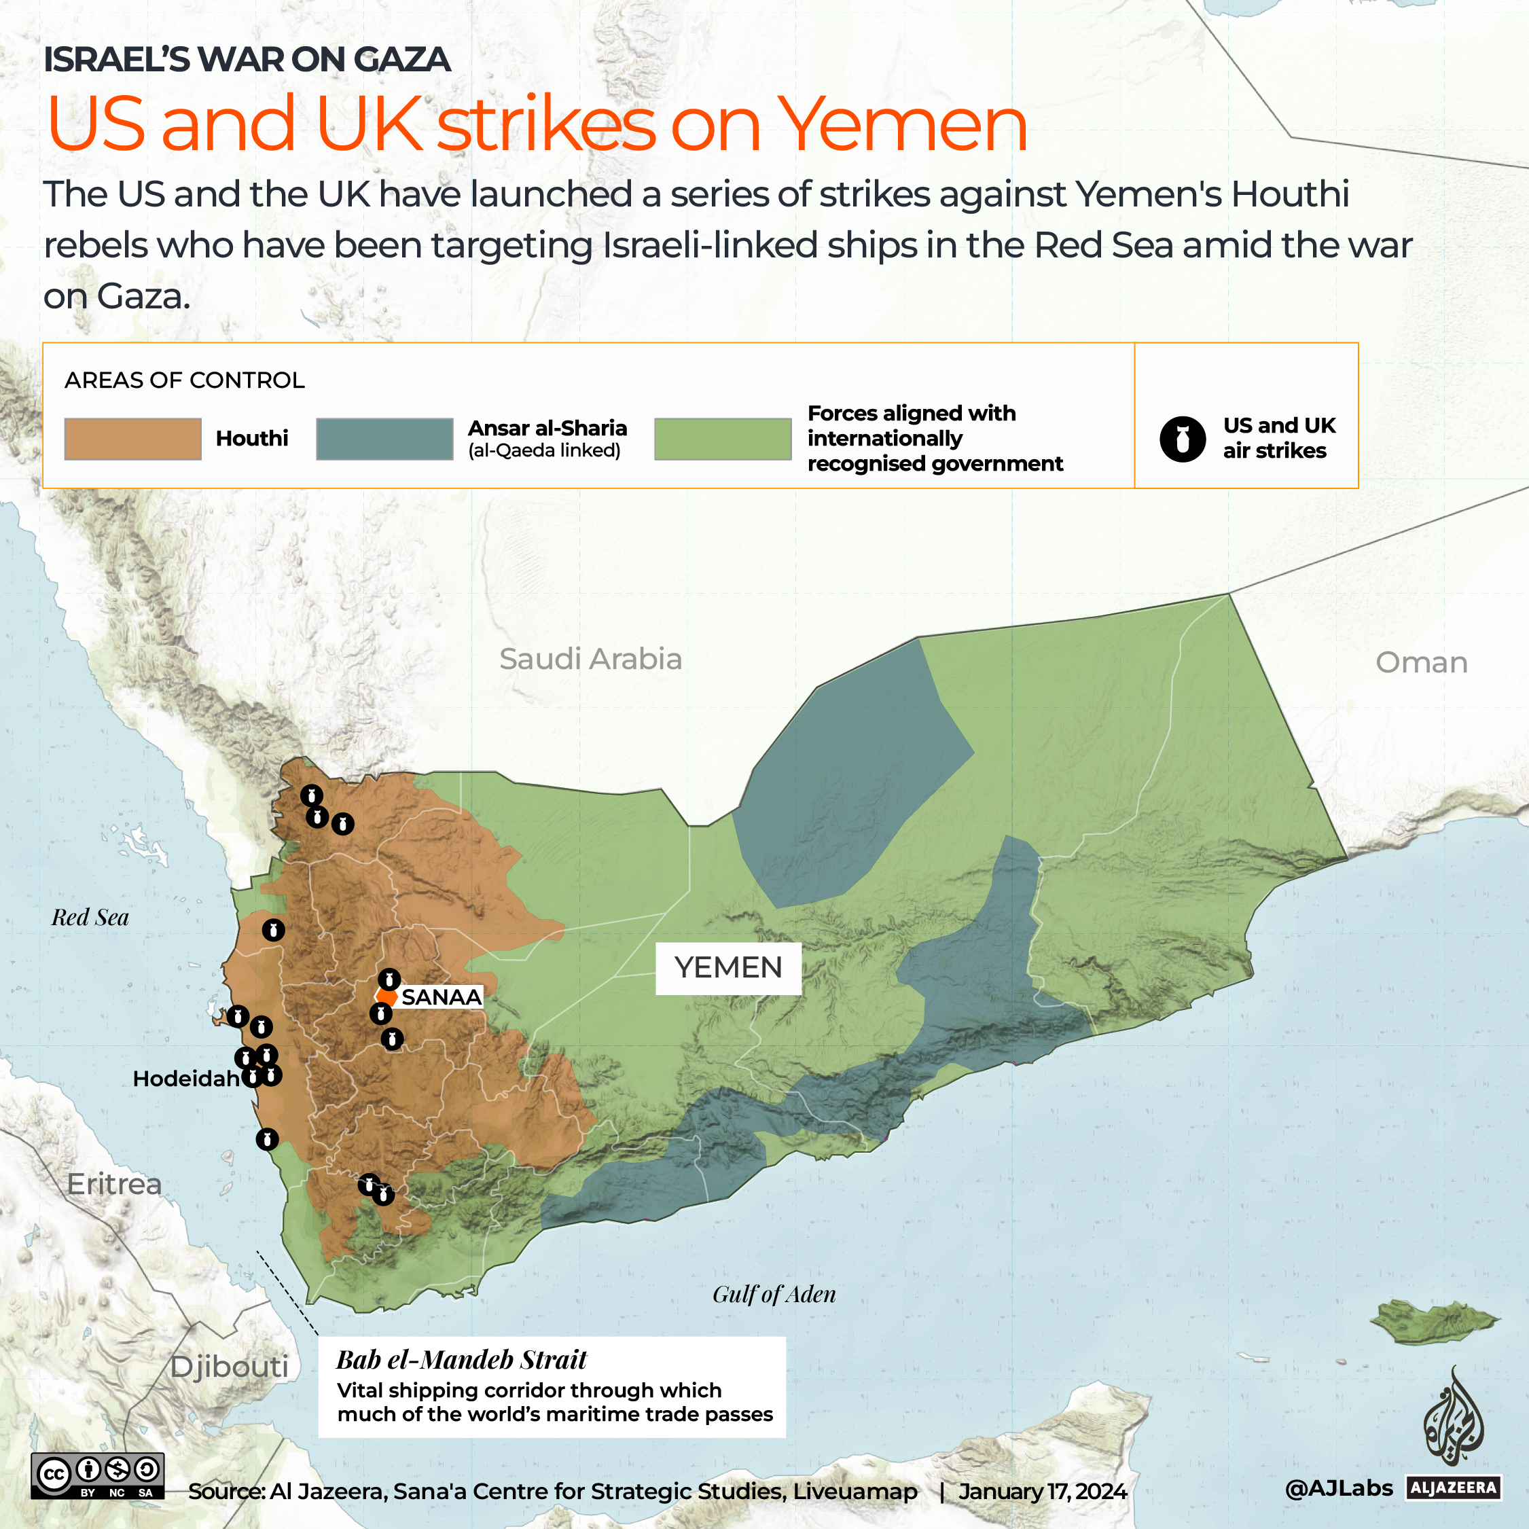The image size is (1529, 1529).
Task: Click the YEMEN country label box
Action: pyautogui.click(x=728, y=967)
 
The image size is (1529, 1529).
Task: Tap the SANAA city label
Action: pyautogui.click(x=441, y=997)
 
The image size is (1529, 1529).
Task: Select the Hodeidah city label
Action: pyautogui.click(x=186, y=1079)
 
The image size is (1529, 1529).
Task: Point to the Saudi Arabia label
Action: pyautogui.click(x=590, y=658)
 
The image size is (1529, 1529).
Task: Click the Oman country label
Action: pyautogui.click(x=1422, y=662)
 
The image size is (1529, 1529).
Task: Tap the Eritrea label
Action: pyautogui.click(x=114, y=1184)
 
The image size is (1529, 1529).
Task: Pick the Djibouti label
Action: pyautogui.click(x=230, y=1367)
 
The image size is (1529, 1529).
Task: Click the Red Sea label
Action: pyautogui.click(x=90, y=917)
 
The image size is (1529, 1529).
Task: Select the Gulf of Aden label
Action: pyautogui.click(x=774, y=1294)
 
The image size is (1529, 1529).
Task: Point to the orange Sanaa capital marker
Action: pyautogui.click(x=386, y=996)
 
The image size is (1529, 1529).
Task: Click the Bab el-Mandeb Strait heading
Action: pyautogui.click(x=461, y=1360)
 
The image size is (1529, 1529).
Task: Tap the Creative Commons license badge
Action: pyautogui.click(x=97, y=1476)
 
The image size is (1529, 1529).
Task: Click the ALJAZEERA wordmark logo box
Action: pyautogui.click(x=1454, y=1488)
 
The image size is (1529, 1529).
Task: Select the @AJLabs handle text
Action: pyautogui.click(x=1339, y=1488)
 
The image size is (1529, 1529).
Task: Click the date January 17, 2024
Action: pyautogui.click(x=1042, y=1492)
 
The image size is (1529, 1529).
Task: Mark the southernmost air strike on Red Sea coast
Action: pyautogui.click(x=268, y=1139)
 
